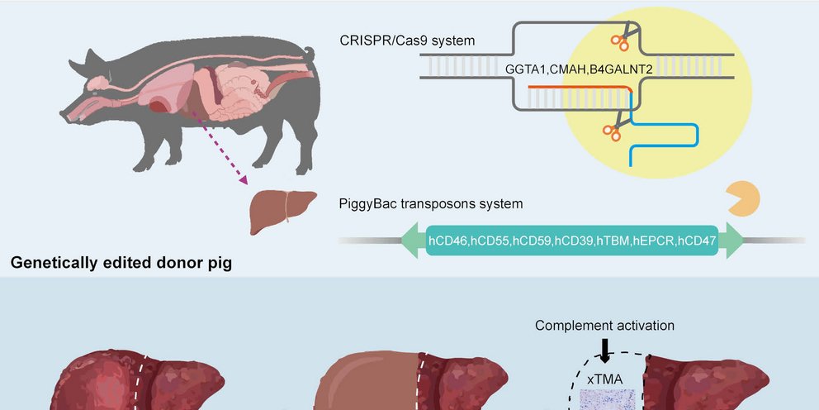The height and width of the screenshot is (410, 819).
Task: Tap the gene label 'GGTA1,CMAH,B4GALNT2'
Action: (579, 69)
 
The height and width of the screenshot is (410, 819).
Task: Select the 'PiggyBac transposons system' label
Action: (430, 203)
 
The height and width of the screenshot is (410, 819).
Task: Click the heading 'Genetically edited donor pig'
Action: (121, 265)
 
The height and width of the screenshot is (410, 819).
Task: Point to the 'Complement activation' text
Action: (604, 326)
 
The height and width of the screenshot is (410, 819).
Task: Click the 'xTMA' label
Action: (604, 378)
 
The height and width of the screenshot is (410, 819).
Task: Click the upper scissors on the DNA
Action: (622, 36)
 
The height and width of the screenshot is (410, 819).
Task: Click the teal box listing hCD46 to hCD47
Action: (572, 242)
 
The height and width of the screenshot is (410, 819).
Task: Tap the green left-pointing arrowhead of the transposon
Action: (411, 242)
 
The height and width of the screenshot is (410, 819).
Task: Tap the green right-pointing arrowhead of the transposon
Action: (734, 242)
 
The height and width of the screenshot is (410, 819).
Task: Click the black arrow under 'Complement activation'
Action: (605, 350)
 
